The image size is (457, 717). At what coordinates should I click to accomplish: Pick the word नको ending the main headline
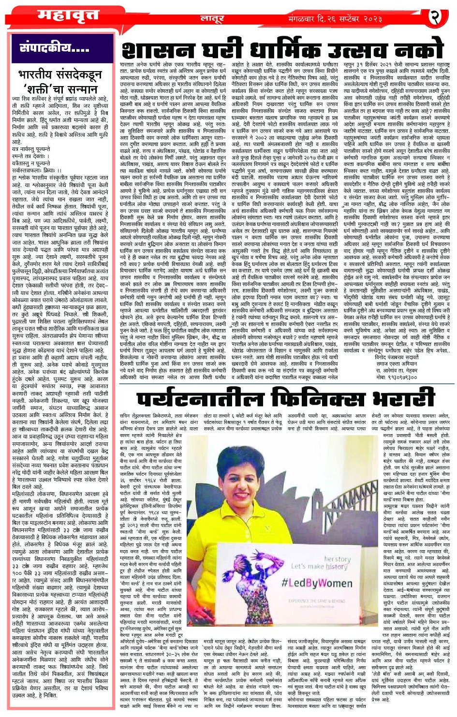tap(418, 49)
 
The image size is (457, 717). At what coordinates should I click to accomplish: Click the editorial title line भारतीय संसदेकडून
tap(60, 75)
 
